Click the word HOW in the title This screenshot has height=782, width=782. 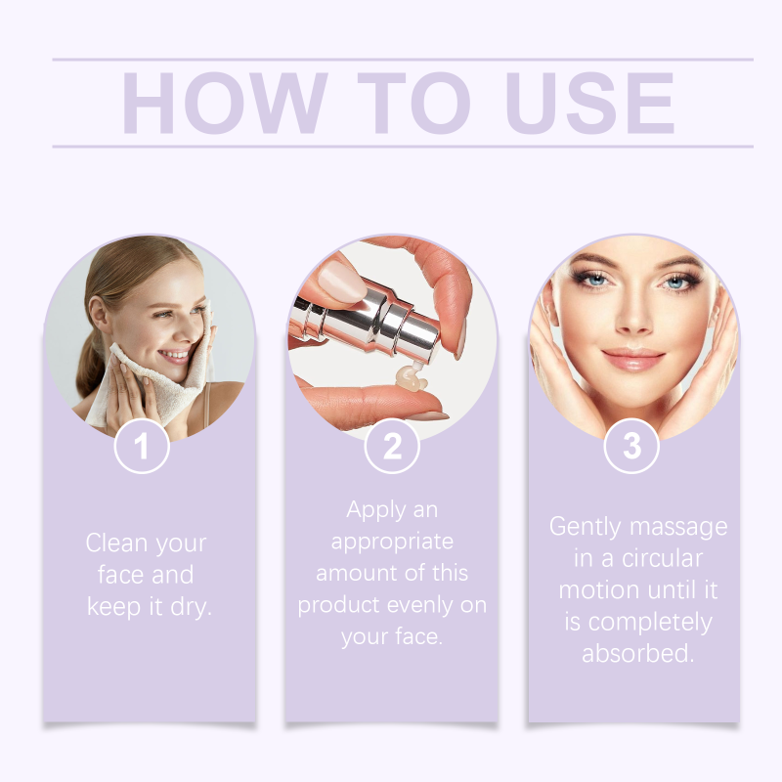click(x=225, y=103)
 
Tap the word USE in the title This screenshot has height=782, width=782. click(x=590, y=103)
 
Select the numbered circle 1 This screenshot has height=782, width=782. click(x=142, y=446)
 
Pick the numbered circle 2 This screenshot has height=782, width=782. click(x=392, y=446)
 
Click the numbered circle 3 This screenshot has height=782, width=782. click(x=631, y=446)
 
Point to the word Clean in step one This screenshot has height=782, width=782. click(x=117, y=543)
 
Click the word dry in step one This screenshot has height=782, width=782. click(x=191, y=606)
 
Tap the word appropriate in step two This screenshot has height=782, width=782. click(x=392, y=542)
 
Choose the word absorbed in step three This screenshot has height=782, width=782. click(x=638, y=653)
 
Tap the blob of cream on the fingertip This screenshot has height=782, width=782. click(x=411, y=378)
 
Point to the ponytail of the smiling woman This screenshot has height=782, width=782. click(x=89, y=364)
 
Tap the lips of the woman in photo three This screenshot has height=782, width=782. click(x=633, y=359)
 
